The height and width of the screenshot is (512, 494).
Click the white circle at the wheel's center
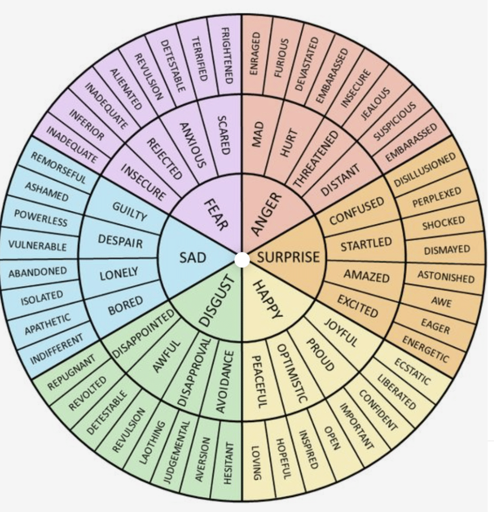(242, 259)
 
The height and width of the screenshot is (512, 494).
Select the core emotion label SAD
(193, 257)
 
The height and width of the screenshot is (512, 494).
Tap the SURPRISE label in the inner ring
(288, 257)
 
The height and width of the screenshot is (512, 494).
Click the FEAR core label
(216, 214)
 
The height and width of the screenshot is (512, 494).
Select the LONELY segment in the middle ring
(119, 273)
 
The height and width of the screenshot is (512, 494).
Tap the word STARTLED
(366, 245)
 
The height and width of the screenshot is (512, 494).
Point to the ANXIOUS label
(192, 145)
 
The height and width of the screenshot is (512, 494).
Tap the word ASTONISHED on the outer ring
(446, 276)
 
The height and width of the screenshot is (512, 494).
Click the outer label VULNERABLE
(38, 246)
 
